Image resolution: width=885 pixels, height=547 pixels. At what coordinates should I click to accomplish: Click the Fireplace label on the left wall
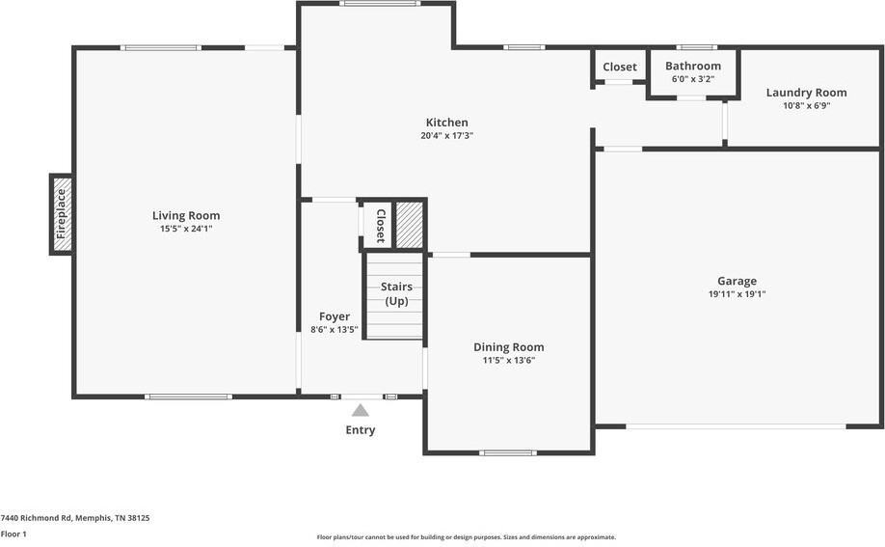[62, 214]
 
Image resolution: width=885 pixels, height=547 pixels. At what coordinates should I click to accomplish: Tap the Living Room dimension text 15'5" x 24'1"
[185, 229]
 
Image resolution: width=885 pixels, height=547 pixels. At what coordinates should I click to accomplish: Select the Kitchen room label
[446, 123]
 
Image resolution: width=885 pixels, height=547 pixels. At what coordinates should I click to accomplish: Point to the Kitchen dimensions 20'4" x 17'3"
[446, 136]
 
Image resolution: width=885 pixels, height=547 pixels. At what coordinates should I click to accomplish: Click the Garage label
[737, 281]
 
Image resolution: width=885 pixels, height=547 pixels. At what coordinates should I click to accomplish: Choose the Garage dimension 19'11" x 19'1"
[737, 294]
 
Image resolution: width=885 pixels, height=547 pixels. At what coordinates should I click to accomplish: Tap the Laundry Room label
[806, 93]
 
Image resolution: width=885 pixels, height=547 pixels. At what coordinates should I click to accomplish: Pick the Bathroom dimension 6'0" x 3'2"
[692, 79]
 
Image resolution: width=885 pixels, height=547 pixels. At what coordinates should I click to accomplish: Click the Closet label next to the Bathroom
[619, 67]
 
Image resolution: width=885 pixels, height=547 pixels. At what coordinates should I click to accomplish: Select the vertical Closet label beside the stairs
[380, 225]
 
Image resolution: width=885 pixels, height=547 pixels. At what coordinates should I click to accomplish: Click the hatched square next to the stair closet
[410, 225]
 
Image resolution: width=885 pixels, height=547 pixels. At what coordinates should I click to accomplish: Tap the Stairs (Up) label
[395, 293]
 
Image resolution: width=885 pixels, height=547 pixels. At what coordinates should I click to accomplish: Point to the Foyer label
[335, 316]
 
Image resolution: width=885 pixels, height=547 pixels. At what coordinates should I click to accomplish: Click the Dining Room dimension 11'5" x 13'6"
[508, 360]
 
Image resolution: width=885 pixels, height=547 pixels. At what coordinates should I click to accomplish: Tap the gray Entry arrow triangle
[360, 410]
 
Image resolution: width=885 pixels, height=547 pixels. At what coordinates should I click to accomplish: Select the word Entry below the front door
[360, 430]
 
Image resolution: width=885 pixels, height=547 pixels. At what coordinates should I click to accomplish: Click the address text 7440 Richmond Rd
[74, 518]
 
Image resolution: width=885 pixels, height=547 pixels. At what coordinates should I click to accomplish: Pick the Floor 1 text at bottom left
[13, 533]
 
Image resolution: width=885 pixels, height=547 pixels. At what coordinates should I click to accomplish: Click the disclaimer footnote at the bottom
[466, 537]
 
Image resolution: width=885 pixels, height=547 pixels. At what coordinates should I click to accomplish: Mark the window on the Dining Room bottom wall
[507, 452]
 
